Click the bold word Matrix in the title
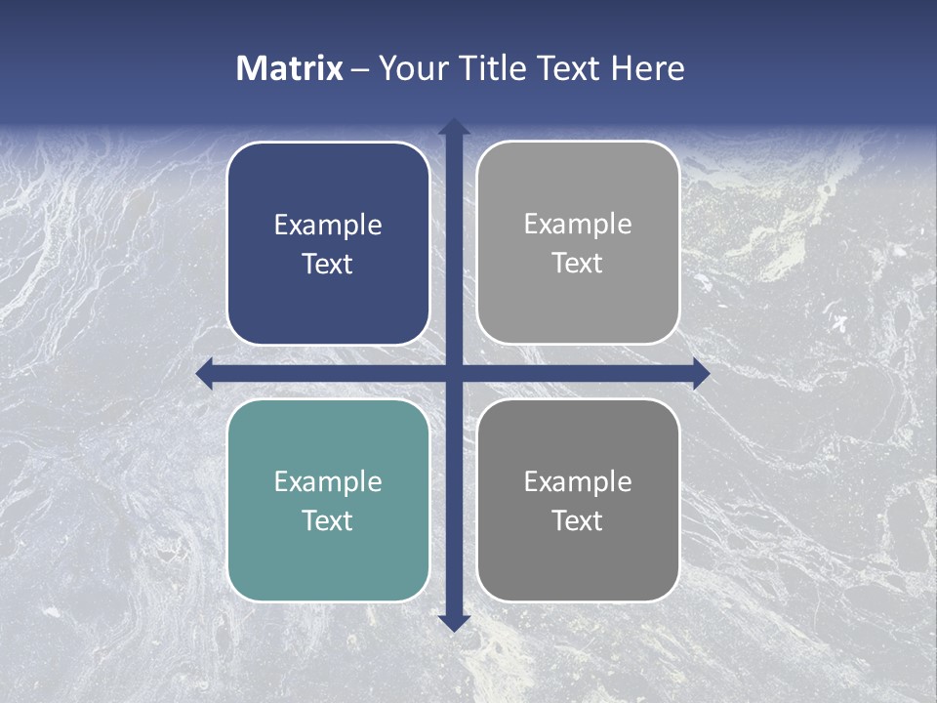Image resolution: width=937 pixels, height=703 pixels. [x=290, y=68]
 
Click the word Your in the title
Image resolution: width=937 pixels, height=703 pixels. [x=413, y=68]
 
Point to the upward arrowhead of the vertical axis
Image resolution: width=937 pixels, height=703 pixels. [x=453, y=128]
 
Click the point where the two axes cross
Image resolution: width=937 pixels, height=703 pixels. [x=453, y=373]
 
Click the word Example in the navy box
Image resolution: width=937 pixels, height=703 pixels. [x=328, y=226]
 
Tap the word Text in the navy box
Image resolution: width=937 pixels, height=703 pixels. [x=328, y=265]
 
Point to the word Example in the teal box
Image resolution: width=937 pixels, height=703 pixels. [x=328, y=481]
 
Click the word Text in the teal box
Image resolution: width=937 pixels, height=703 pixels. [x=328, y=520]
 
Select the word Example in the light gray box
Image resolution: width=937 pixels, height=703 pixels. [x=578, y=225]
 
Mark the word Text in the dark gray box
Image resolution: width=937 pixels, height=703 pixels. [x=578, y=520]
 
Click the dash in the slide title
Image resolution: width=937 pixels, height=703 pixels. [x=360, y=69]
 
